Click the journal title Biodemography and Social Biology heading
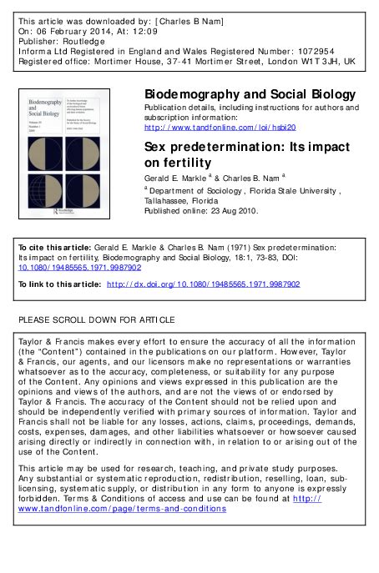(x=250, y=95)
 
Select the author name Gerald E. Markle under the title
(x=177, y=178)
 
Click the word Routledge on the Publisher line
(x=78, y=39)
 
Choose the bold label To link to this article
(x=58, y=284)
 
